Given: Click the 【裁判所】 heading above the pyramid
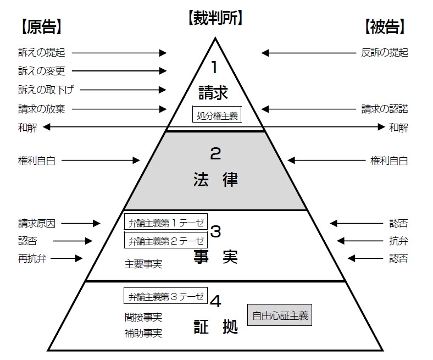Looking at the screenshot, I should click(215, 18).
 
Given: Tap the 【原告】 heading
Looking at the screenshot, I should click(42, 26).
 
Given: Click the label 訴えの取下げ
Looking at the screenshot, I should click(46, 90).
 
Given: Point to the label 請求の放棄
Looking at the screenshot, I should click(42, 109).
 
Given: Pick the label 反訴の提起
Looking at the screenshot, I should click(385, 53).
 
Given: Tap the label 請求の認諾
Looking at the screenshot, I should click(385, 109).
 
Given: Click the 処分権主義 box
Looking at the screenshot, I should click(216, 116).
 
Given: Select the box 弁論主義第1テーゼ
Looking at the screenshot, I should click(166, 223).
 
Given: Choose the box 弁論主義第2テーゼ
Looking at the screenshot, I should click(166, 240).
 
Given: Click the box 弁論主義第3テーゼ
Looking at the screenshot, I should click(166, 297).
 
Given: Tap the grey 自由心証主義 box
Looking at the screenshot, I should click(280, 315).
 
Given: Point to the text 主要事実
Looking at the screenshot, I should click(143, 264).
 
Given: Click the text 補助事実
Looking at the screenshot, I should click(143, 333).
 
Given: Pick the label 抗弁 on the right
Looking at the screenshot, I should click(398, 241).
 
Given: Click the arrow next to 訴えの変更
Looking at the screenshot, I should click(119, 71).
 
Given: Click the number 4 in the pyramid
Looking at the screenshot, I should click(216, 301).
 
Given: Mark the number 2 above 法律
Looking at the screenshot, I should click(215, 153).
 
